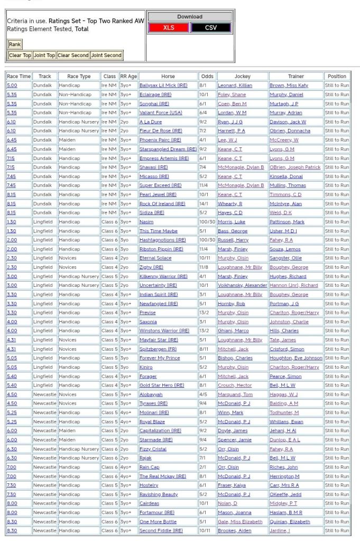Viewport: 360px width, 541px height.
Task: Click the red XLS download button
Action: [x=169, y=27]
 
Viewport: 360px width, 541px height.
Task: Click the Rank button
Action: [x=15, y=44]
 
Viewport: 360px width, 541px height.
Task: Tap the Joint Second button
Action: [x=106, y=55]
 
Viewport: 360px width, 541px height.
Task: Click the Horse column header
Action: [x=168, y=76]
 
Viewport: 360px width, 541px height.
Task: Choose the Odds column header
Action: [x=206, y=76]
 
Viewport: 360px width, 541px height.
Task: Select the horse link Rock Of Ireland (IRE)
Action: [x=162, y=203]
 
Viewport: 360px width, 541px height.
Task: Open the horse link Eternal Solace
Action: [x=155, y=258]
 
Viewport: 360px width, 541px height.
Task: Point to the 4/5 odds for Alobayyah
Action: [x=204, y=394]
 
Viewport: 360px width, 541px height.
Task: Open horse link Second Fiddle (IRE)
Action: [x=161, y=530]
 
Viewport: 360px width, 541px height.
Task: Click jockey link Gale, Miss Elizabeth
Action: [x=240, y=521]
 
